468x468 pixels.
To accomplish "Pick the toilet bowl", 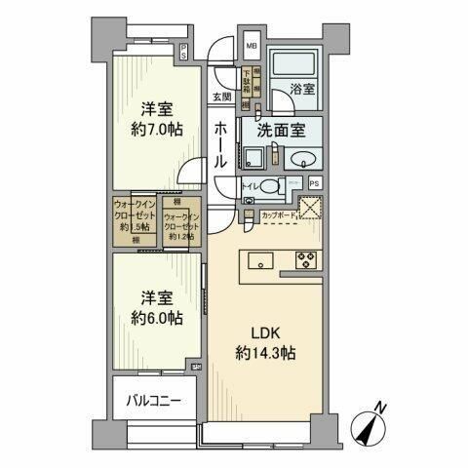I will point(272,184).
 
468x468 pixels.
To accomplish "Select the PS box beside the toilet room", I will point(314,182).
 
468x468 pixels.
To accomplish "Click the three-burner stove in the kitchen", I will point(304,259).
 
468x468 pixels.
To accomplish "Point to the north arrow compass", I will point(370,426).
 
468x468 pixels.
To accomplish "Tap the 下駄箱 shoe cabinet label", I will point(246,86).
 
